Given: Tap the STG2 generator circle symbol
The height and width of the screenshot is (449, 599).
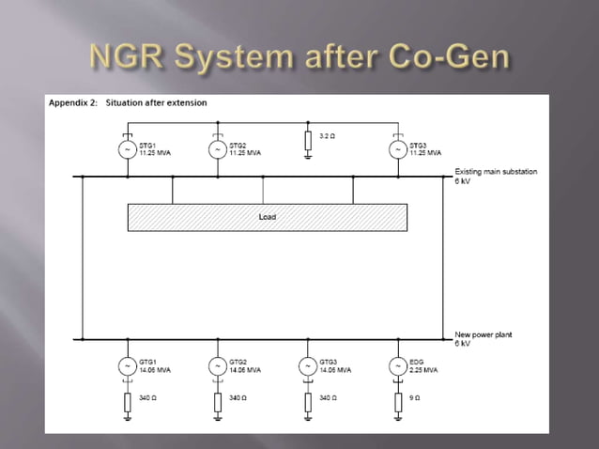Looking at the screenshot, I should [218, 148].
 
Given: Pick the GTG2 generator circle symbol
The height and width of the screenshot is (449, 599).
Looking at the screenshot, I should [218, 365].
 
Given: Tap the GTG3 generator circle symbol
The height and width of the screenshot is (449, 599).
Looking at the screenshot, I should [308, 365].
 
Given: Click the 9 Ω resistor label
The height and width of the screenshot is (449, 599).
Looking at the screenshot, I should [416, 398].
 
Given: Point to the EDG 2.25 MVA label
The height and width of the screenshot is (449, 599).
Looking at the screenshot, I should [424, 370].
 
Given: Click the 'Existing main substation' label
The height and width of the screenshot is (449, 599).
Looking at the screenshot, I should [496, 171].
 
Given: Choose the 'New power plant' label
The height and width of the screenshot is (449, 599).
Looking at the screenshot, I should [484, 334].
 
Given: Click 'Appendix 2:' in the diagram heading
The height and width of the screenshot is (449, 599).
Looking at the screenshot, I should [72, 102].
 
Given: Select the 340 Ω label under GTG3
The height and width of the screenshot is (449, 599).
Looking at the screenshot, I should [328, 398].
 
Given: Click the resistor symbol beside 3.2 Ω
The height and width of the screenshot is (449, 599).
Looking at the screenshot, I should [308, 141].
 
